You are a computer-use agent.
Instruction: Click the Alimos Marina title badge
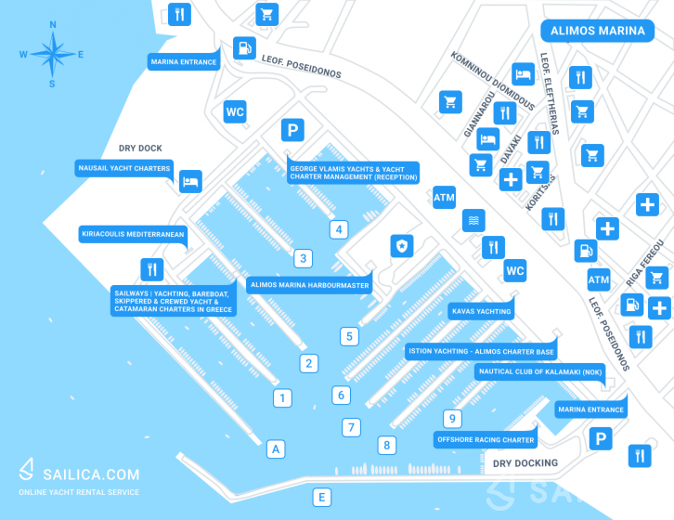598,31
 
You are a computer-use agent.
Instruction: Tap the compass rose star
52,54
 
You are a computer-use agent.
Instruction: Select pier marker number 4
339,229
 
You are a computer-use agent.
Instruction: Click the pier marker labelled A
276,449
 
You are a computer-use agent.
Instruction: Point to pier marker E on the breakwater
321,497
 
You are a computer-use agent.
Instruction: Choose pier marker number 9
452,418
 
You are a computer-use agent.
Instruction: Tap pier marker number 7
351,427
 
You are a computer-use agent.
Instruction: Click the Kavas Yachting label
481,311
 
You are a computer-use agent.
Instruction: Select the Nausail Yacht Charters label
124,168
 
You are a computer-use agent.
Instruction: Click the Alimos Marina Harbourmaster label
309,285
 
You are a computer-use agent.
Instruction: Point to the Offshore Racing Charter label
486,439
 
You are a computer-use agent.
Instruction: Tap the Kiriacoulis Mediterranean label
133,234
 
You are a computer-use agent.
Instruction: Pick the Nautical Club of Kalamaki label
540,371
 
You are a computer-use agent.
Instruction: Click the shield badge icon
402,246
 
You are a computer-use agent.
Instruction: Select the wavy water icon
473,220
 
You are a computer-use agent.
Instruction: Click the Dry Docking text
525,463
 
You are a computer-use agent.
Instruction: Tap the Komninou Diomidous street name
493,81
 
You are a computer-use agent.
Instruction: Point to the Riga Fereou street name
644,264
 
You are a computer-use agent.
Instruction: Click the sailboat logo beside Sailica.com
27,469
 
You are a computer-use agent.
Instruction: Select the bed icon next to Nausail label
190,181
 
